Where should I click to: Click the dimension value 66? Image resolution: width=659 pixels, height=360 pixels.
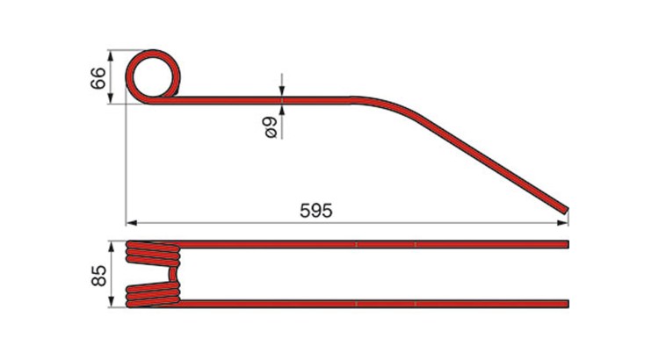[98, 78]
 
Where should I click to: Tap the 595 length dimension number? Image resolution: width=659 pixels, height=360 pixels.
[316, 211]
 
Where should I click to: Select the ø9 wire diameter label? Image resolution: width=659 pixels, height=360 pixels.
[270, 127]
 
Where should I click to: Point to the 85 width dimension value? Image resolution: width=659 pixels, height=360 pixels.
[98, 276]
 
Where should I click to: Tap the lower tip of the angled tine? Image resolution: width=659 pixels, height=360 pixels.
[565, 211]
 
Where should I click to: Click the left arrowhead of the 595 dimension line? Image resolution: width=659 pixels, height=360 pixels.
[132, 223]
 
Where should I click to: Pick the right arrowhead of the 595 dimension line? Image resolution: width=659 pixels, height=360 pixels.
[562, 223]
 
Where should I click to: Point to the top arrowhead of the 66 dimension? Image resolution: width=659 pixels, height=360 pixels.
[111, 55]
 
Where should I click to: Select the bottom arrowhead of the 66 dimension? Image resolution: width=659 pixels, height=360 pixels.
[111, 98]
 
